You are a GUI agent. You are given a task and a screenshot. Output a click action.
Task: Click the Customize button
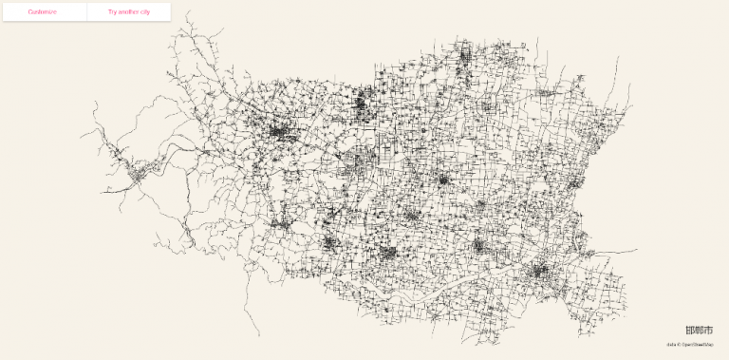pyautogui.click(x=43, y=11)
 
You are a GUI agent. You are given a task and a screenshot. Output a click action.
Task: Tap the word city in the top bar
pyautogui.click(x=145, y=11)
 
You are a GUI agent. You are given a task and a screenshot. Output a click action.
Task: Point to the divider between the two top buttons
pyautogui.click(x=86, y=11)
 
